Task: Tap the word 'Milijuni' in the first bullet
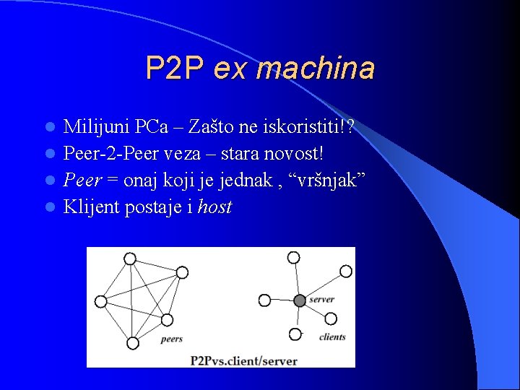click(95, 128)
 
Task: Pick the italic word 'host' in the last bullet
click(214, 207)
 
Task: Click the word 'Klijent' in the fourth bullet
click(91, 207)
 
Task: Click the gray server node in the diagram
click(300, 300)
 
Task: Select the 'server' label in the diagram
click(321, 299)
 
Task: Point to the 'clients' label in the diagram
click(332, 337)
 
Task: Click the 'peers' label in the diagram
click(171, 338)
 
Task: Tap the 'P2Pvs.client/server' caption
click(243, 359)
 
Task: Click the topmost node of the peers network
click(130, 258)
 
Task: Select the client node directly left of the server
click(264, 299)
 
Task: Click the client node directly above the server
click(293, 257)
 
